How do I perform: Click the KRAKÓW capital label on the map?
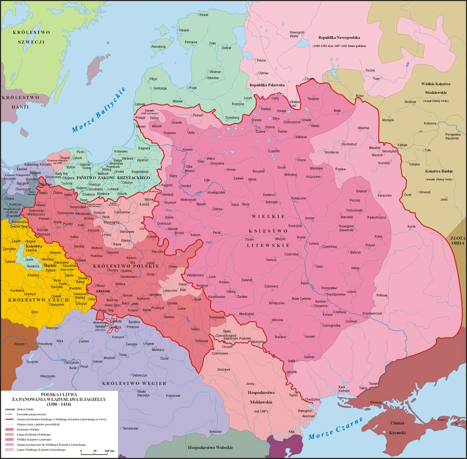103,291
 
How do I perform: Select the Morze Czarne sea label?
335,429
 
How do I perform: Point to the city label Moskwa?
410,102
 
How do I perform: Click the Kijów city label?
305,283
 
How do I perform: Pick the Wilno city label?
211,159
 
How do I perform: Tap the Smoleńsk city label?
332,152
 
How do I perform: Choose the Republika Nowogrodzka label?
339,38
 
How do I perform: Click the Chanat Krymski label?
397,428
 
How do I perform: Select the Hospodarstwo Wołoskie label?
210,447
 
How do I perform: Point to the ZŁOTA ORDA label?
458,241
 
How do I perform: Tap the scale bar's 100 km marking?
109,451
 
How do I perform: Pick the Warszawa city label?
127,232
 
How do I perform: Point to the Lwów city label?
182,309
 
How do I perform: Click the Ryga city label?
193,88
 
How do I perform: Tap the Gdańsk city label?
85,164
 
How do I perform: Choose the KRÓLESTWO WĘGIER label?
134,383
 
